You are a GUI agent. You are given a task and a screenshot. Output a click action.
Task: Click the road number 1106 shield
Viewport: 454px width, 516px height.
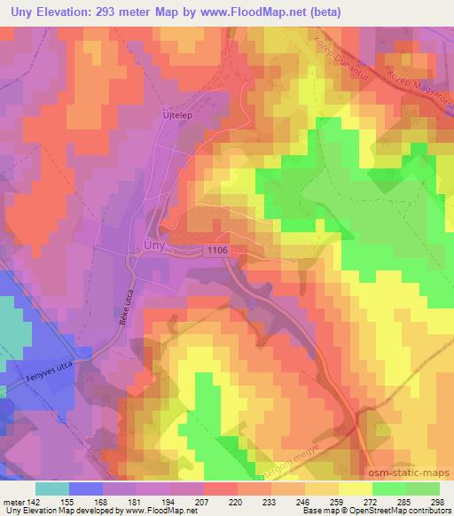point(216,253)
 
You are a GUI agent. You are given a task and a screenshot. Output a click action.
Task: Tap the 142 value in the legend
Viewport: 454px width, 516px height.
point(35,501)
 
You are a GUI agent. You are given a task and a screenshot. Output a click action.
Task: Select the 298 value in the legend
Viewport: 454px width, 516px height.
point(437,501)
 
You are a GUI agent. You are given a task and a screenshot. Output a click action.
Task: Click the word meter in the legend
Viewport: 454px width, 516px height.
point(13,501)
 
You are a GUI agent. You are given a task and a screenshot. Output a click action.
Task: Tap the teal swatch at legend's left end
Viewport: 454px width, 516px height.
point(51,489)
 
